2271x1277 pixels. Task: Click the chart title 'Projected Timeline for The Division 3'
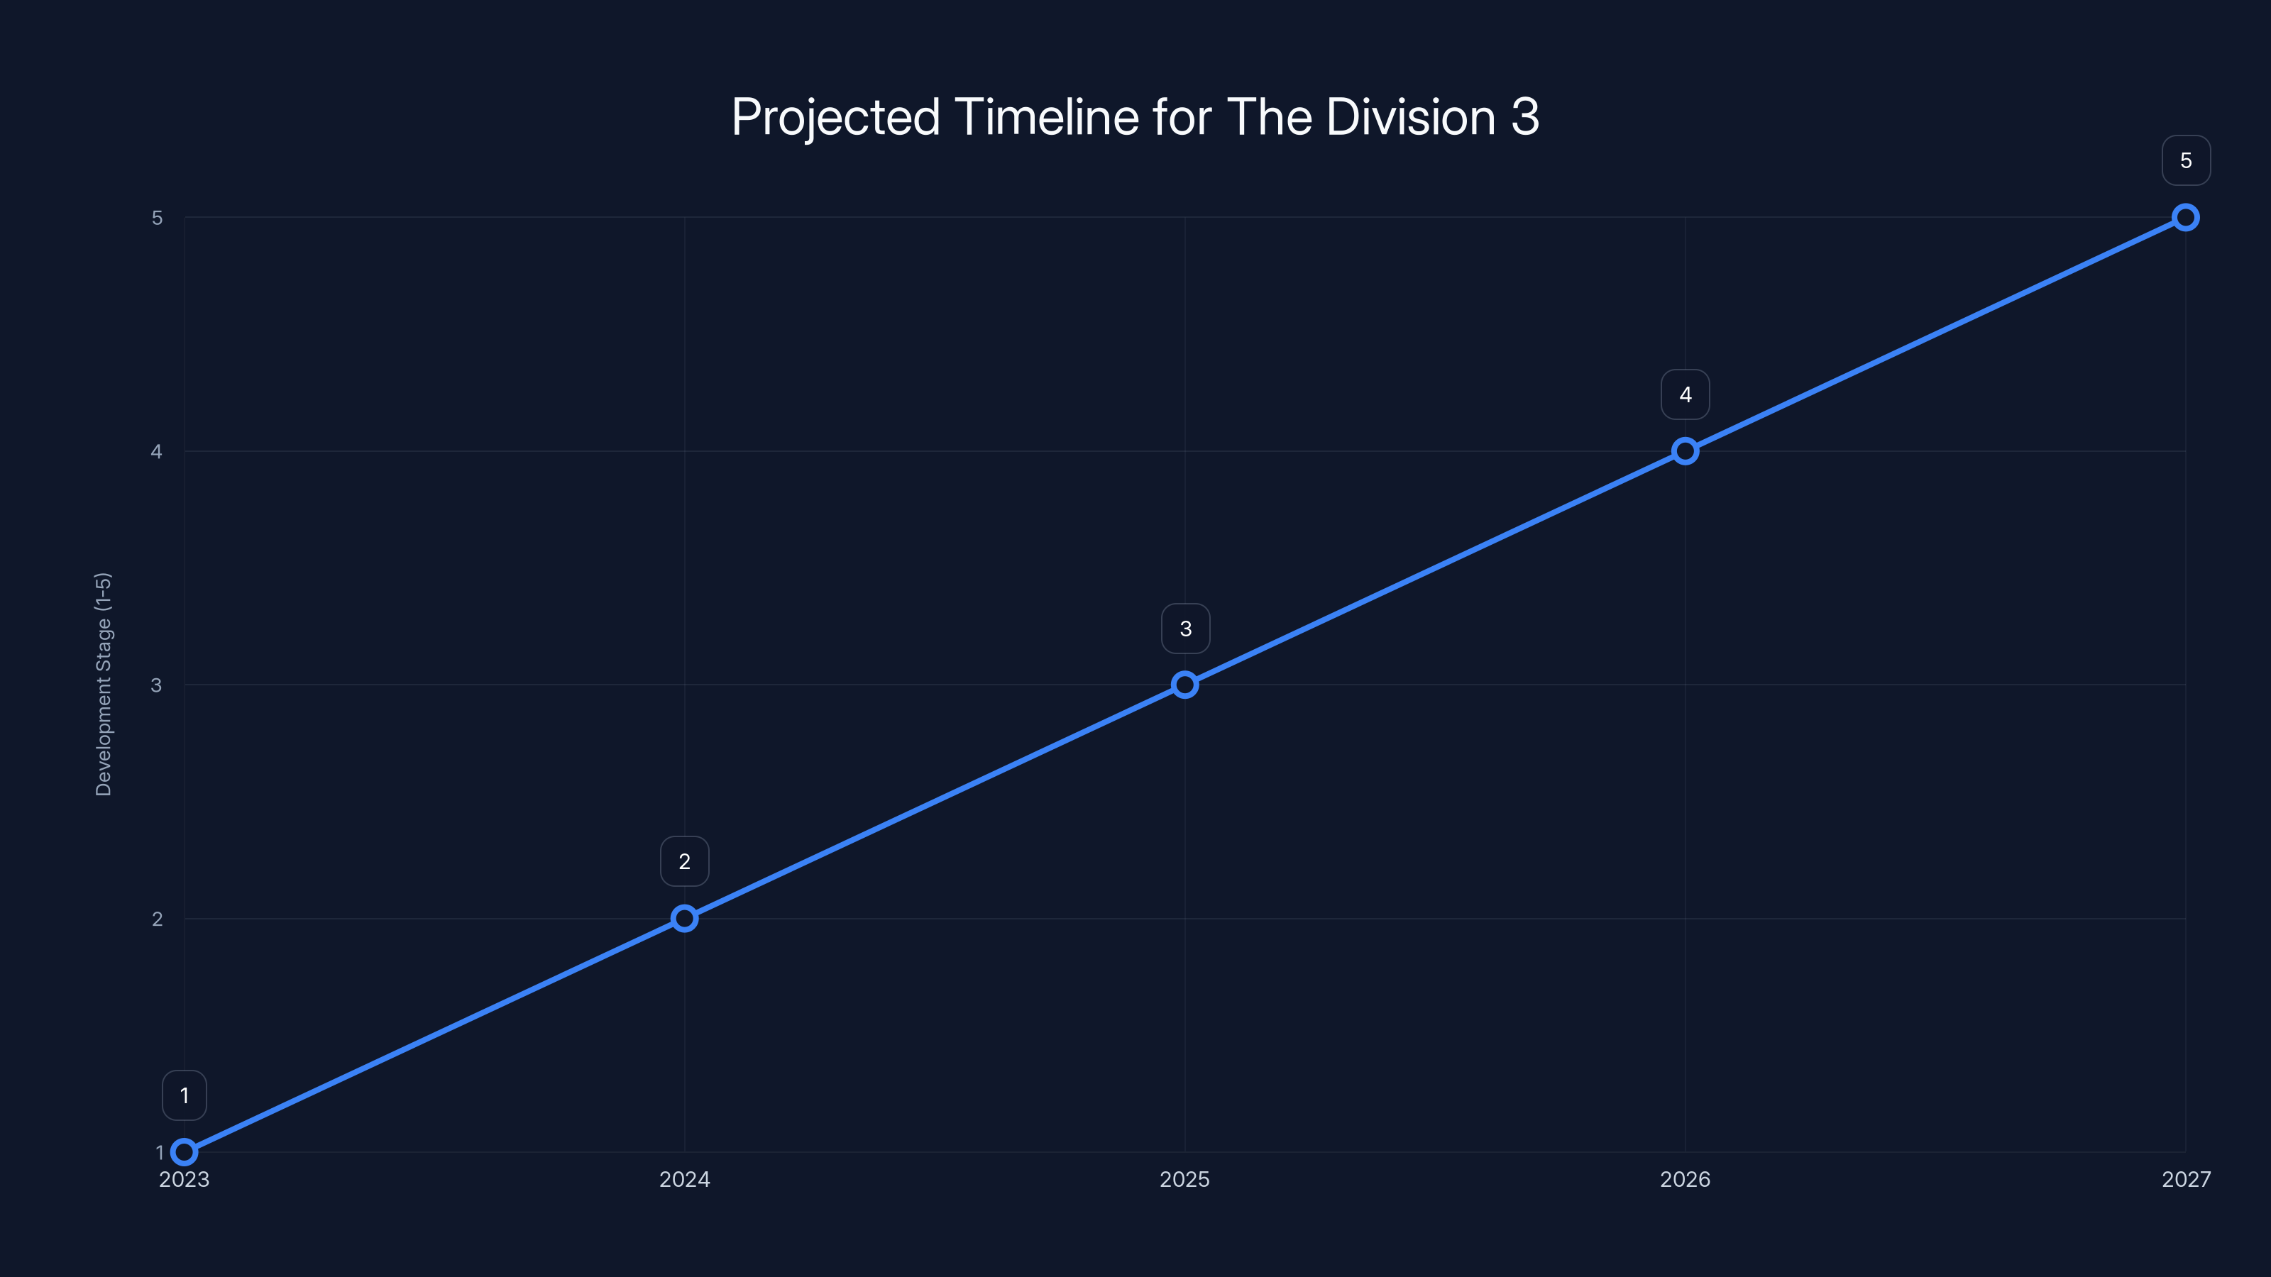[x=1135, y=117]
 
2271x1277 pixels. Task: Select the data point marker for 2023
[x=185, y=1152]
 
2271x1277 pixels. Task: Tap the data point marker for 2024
[x=684, y=918]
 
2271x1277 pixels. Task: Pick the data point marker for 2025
[x=1185, y=685]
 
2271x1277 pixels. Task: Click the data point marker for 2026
[x=1685, y=451]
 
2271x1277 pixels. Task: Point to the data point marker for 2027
[x=2186, y=218]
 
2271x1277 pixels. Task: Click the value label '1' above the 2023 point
[x=185, y=1095]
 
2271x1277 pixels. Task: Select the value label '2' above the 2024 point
[x=684, y=861]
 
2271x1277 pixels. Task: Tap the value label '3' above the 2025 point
[x=1185, y=629]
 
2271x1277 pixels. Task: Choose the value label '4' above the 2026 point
[x=1685, y=395]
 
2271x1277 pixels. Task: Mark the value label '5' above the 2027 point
[x=2186, y=160]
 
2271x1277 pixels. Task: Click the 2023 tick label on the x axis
[x=185, y=1179]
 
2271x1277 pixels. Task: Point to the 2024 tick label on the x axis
[x=684, y=1179]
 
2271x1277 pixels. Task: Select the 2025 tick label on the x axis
[x=1185, y=1179]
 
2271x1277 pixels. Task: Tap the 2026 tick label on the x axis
[x=1685, y=1179]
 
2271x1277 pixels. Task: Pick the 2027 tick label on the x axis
[x=2186, y=1179]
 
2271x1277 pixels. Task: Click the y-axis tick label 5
[x=157, y=218]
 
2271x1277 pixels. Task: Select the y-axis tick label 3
[x=157, y=685]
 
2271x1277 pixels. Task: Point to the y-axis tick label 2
[x=157, y=918]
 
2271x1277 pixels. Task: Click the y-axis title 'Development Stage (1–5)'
[x=103, y=684]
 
